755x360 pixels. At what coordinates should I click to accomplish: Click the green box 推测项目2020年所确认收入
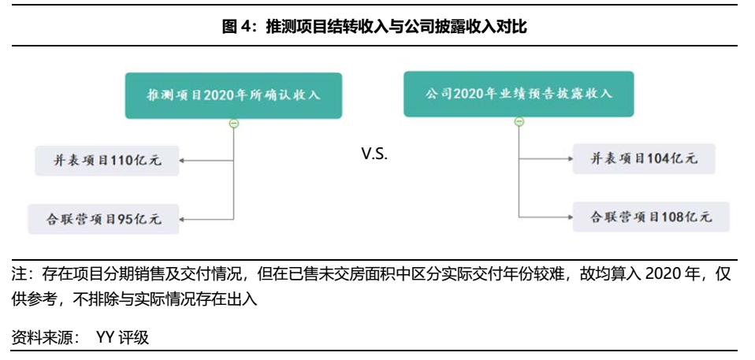pos(233,95)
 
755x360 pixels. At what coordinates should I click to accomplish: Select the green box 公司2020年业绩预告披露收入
pos(519,94)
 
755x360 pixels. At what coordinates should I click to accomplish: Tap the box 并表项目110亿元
pos(108,161)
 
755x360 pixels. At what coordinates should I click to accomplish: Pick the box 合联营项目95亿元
pos(103,218)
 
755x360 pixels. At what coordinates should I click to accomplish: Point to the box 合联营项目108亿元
pos(644,216)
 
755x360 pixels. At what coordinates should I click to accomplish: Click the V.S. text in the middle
pos(375,154)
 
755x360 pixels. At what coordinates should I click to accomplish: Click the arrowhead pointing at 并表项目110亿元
pos(182,161)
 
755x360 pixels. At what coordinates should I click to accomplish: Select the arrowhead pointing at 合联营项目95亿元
pos(182,218)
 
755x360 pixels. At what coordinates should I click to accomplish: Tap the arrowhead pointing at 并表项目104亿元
pos(568,158)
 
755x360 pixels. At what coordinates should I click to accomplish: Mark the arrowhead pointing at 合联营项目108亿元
pos(568,216)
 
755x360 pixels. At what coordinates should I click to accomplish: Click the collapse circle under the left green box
pos(233,123)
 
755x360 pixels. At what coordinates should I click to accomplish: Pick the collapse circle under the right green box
pos(519,121)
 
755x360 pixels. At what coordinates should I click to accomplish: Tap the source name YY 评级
pos(122,338)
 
